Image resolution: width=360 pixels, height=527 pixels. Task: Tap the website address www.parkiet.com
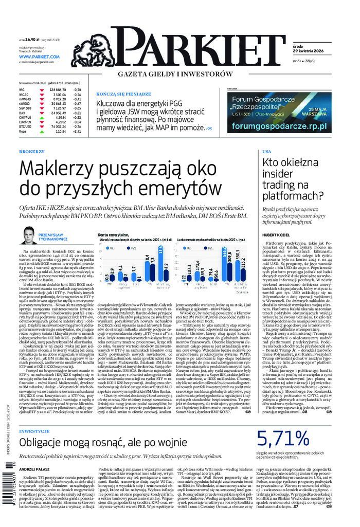point(40,57)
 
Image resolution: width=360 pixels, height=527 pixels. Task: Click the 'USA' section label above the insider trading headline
point(266,152)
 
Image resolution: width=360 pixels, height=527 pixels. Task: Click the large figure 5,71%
point(290,439)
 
